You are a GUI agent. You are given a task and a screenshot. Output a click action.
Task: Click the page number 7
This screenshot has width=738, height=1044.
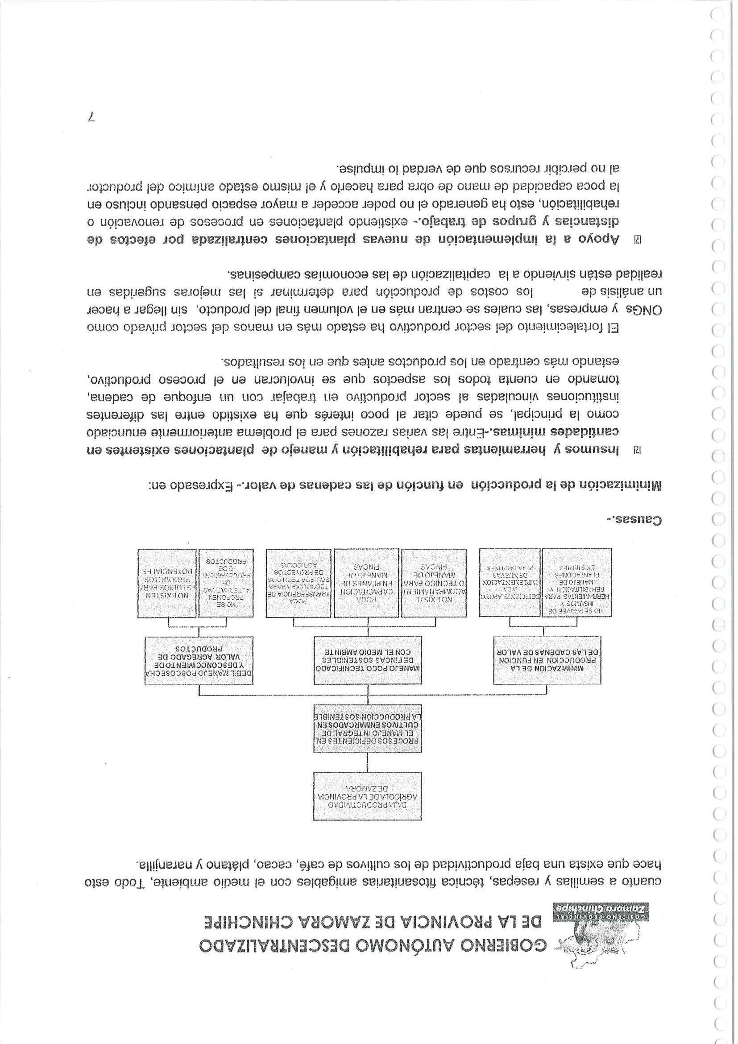(x=92, y=118)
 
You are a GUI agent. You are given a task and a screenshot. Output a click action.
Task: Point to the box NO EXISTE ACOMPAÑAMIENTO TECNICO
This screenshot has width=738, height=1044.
(x=433, y=584)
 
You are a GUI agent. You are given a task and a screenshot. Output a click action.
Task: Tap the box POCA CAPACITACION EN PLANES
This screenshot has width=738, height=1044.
(x=366, y=584)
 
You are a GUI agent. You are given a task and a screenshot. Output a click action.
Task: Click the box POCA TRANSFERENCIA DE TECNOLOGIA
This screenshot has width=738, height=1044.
(x=299, y=584)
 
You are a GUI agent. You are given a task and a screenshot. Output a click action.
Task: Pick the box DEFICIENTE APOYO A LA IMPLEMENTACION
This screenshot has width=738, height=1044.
(x=510, y=584)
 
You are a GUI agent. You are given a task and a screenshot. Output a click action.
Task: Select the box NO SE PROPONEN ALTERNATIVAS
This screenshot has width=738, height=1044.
(x=226, y=584)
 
